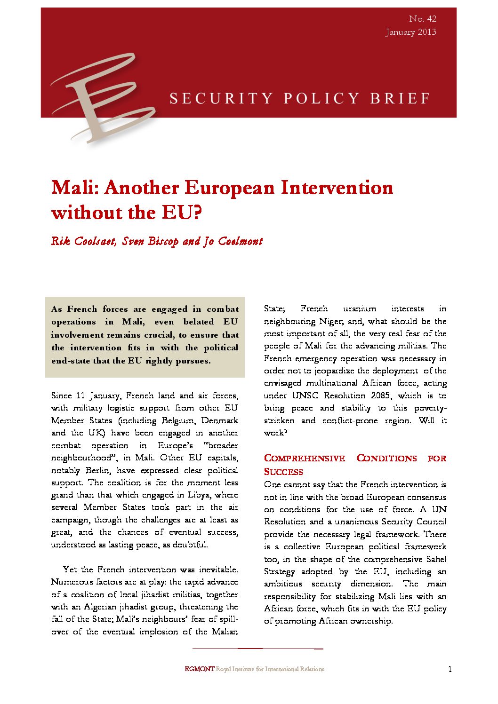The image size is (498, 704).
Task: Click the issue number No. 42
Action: (x=422, y=19)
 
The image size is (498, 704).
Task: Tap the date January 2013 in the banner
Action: (x=410, y=32)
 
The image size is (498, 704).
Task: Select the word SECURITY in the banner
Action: (x=221, y=98)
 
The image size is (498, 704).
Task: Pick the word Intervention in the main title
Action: (x=337, y=188)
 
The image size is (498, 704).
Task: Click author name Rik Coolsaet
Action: (x=83, y=241)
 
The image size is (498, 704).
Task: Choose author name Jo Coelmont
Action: (x=233, y=241)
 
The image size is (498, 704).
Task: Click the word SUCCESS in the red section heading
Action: (x=283, y=472)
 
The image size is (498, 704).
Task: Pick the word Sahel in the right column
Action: (x=436, y=559)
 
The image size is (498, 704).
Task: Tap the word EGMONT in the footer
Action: (x=199, y=669)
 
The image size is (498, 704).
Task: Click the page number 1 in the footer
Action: (x=450, y=669)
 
